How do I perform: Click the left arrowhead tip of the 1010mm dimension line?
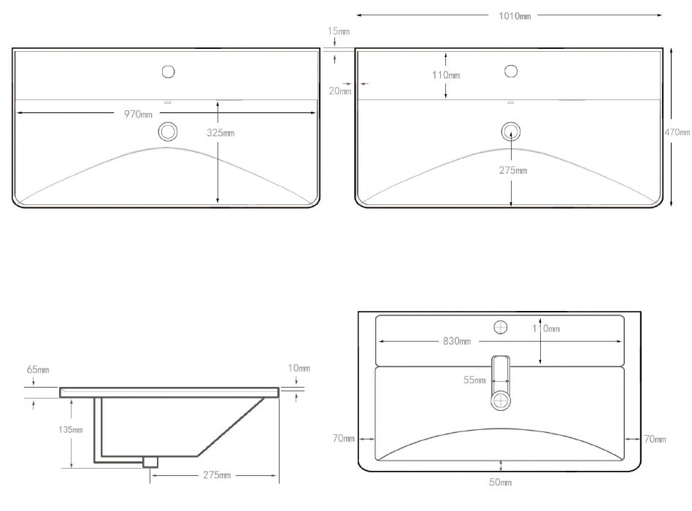click(357, 15)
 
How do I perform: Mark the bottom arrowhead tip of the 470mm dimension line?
click(671, 206)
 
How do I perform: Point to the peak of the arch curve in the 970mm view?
click(166, 147)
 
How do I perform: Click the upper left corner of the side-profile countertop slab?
click(60, 388)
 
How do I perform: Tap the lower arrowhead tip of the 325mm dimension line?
click(218, 203)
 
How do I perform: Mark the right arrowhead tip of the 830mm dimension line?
click(622, 341)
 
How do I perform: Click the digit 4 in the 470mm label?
click(667, 131)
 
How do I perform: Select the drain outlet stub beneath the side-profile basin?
click(150, 461)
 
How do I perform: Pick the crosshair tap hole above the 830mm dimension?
click(501, 328)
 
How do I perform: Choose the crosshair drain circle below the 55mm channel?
click(501, 401)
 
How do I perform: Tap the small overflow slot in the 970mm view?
click(167, 102)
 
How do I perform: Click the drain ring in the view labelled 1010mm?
click(511, 131)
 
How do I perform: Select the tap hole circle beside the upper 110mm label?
click(511, 71)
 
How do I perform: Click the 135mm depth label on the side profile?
click(71, 429)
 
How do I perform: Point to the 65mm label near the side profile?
click(38, 369)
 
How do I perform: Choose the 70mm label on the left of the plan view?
click(343, 438)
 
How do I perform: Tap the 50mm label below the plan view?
click(501, 482)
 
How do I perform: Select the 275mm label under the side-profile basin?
click(217, 474)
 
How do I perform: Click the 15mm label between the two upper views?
click(339, 31)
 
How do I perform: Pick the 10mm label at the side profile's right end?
click(299, 368)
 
